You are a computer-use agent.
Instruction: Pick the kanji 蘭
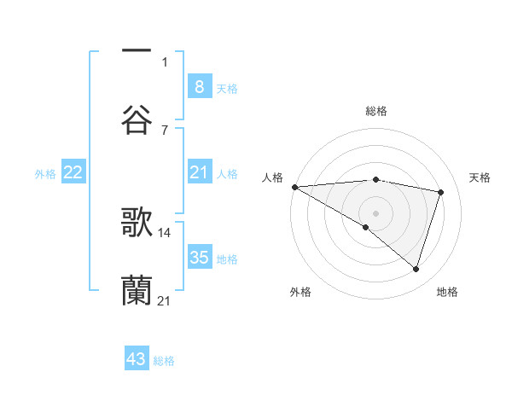(x=137, y=290)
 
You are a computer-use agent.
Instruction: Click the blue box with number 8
(x=199, y=86)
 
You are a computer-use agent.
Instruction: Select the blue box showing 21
(x=199, y=172)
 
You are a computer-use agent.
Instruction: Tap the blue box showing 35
(x=199, y=258)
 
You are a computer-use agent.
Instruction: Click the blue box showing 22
(x=73, y=172)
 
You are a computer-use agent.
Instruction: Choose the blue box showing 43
(x=137, y=359)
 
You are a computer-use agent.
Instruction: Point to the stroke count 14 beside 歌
(x=165, y=232)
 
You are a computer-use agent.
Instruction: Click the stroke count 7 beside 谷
(x=165, y=130)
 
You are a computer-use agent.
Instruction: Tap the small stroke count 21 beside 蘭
(x=165, y=301)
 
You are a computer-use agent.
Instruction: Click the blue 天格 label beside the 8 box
(x=227, y=88)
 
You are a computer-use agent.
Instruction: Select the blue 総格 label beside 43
(x=164, y=361)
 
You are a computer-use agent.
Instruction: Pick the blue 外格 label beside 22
(x=45, y=174)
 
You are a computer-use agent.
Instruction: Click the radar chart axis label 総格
(x=375, y=111)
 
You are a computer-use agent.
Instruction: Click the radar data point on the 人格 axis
(x=294, y=186)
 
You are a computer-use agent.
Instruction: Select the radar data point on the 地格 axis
(x=416, y=269)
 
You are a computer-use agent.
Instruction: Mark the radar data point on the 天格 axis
(x=441, y=192)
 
